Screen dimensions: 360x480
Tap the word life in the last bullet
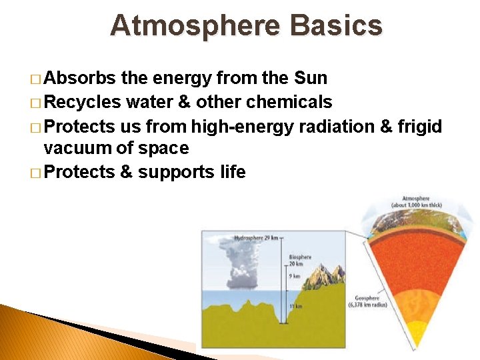point(232,172)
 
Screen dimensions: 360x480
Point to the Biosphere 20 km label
point(299,260)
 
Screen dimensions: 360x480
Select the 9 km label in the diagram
point(294,275)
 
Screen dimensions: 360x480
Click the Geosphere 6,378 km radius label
point(367,302)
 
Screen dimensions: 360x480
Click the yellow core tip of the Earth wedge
point(417,337)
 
